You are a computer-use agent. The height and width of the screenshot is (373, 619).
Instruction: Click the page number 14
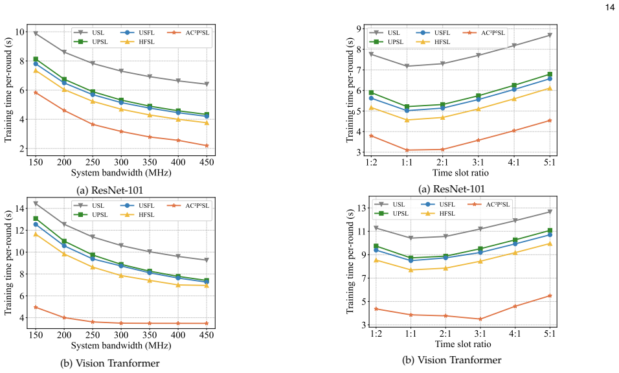(x=609, y=6)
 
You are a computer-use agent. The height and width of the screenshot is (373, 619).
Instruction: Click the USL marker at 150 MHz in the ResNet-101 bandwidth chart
(x=36, y=34)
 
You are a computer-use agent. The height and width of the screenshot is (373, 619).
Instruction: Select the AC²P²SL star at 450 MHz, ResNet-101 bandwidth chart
(x=207, y=146)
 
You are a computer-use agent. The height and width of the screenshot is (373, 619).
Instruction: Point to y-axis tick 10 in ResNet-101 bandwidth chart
(x=19, y=32)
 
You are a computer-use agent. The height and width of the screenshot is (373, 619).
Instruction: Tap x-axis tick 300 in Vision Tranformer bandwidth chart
(x=121, y=335)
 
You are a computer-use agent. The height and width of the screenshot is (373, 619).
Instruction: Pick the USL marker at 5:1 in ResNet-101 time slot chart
(x=550, y=36)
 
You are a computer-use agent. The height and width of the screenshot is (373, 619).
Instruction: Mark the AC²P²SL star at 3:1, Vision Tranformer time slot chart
(x=480, y=319)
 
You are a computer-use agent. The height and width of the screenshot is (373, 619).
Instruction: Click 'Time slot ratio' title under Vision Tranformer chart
(x=463, y=345)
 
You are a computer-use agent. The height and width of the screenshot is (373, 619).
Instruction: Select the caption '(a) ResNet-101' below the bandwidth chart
(x=109, y=190)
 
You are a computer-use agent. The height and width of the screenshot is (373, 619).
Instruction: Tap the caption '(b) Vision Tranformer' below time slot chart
(x=451, y=360)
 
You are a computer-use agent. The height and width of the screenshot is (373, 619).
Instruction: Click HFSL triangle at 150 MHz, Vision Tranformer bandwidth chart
(x=36, y=234)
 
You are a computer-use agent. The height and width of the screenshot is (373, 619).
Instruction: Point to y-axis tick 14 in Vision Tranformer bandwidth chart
(x=19, y=208)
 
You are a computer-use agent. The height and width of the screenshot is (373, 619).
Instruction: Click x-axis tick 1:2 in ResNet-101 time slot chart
(x=371, y=162)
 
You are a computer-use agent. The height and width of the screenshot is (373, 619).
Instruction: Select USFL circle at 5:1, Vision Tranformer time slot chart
(x=550, y=235)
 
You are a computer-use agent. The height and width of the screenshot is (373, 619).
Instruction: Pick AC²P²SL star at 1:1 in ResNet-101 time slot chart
(x=407, y=150)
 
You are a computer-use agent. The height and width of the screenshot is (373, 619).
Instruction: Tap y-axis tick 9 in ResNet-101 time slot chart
(x=359, y=28)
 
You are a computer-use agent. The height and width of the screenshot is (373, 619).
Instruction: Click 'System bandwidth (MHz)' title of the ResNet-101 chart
(x=121, y=173)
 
